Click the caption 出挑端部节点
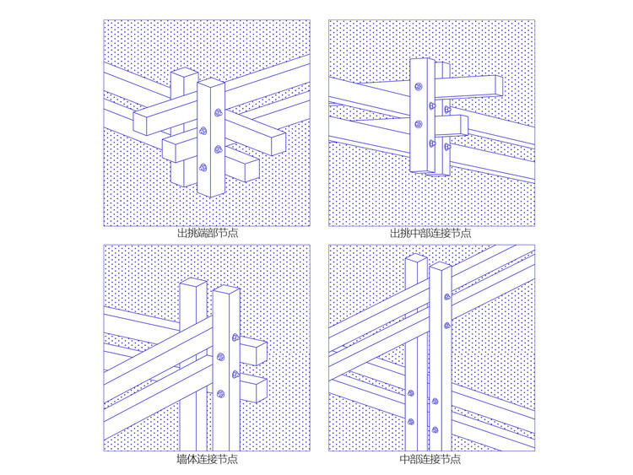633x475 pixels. coord(208,233)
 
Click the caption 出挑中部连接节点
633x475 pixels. coord(430,233)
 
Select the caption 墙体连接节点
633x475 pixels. coord(207,459)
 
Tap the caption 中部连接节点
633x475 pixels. coord(430,459)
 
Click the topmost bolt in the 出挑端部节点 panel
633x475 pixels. coord(219,112)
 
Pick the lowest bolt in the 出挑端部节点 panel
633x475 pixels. coord(203,167)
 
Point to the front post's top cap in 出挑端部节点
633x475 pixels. coord(211,83)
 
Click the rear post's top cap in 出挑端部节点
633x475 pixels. coord(185,73)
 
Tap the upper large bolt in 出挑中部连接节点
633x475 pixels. coord(419,86)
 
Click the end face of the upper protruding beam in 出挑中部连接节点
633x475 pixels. coord(499,86)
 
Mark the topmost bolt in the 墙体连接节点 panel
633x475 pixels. coord(235,337)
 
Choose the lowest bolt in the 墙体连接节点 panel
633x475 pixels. coord(220,393)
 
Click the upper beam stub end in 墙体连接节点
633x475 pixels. coord(261,354)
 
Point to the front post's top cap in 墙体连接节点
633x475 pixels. coord(226,289)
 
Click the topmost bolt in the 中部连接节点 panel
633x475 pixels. coord(447,297)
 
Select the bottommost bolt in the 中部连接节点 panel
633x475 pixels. coord(435,429)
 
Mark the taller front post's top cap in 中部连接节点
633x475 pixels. coord(441,266)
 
